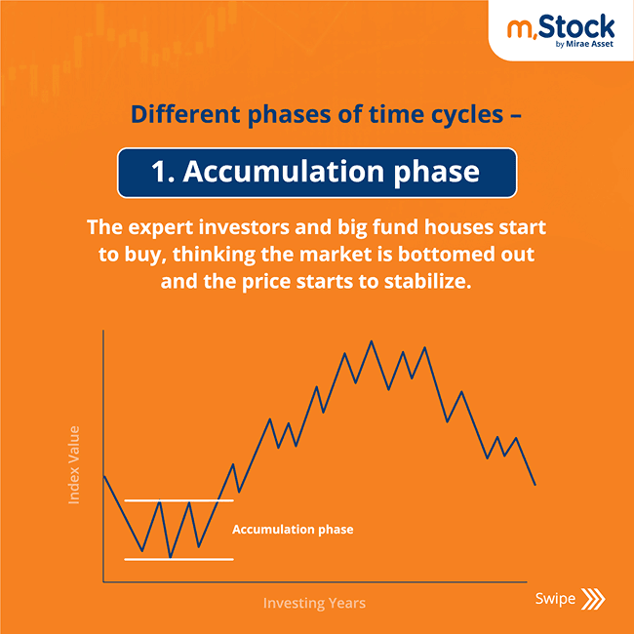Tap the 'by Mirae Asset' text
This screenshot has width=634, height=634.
pos(583,41)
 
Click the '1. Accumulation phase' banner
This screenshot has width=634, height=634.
pos(316,172)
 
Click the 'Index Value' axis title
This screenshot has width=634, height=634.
pos(74,464)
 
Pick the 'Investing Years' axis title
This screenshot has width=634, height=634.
pos(314,603)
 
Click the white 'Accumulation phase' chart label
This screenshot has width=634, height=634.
pos(293,530)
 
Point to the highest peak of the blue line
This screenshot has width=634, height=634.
pos(371,341)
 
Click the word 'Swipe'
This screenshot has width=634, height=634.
pos(554,598)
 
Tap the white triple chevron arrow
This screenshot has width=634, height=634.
pos(592,598)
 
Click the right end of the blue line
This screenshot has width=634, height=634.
pos(535,484)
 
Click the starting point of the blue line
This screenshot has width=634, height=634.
pos(103,474)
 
